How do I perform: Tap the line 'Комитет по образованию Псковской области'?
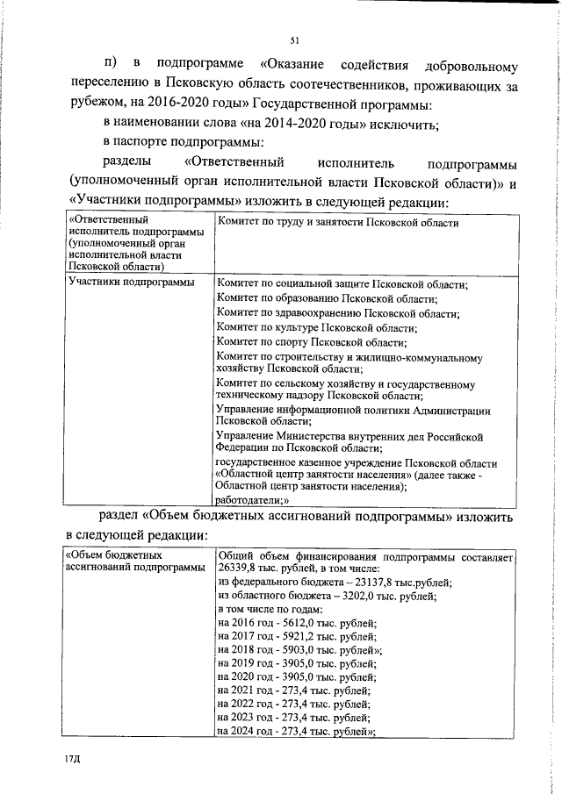[327, 298]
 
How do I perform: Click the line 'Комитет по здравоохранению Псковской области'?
[338, 313]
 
